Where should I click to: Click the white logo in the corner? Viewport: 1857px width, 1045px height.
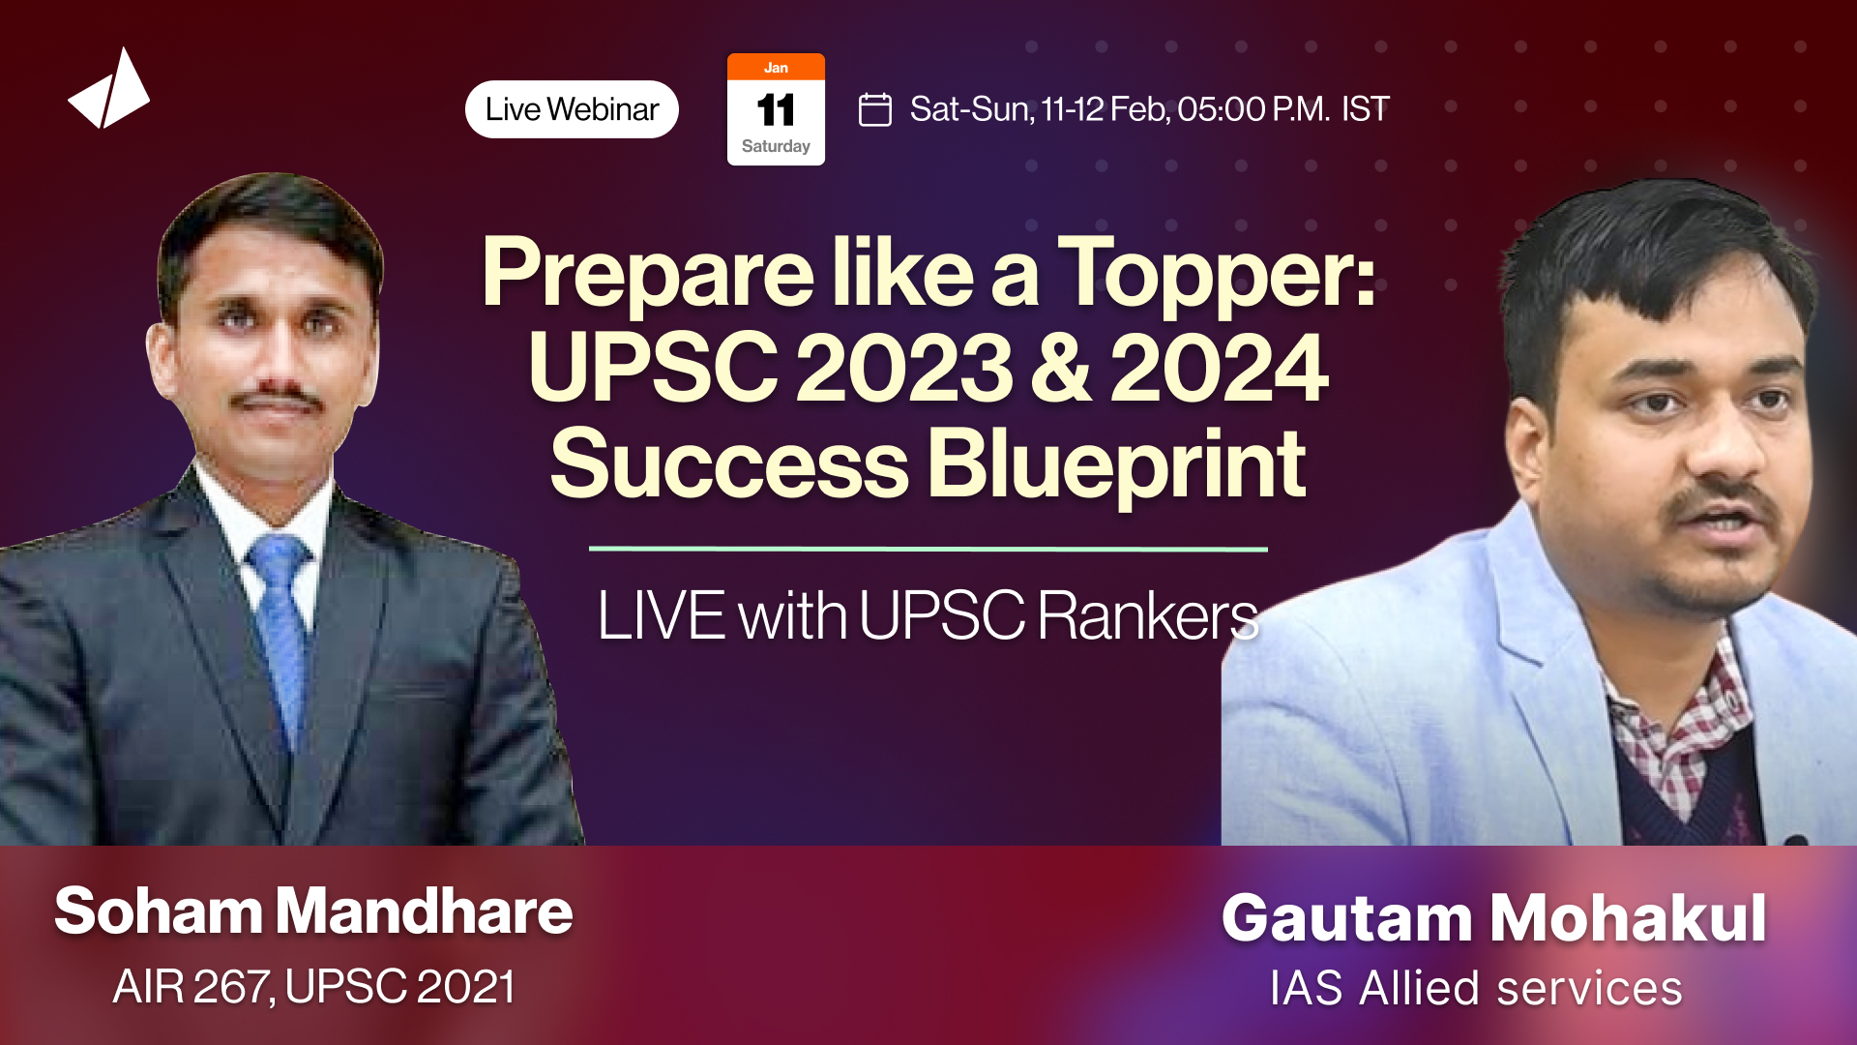109,90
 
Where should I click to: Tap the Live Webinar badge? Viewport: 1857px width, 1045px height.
572,109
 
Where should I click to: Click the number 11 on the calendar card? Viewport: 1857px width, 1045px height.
776,110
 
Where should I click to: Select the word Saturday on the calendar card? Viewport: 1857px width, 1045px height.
776,146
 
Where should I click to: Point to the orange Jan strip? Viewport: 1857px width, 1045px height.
776,68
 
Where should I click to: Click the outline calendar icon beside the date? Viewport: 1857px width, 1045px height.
875,109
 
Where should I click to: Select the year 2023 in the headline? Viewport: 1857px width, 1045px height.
904,369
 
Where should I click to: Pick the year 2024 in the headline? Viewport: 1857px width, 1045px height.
1219,369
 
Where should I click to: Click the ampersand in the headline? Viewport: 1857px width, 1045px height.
1061,369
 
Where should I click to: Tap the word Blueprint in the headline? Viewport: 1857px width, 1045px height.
1117,465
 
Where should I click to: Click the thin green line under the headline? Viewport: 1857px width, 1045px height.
928,549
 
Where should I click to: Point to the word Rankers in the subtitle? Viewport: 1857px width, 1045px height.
1148,615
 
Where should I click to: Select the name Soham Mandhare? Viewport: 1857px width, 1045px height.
313,911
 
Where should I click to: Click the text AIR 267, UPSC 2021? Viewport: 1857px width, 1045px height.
313,987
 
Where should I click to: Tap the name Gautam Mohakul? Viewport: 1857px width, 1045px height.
1494,917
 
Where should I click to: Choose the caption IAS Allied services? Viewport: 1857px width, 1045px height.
1476,989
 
